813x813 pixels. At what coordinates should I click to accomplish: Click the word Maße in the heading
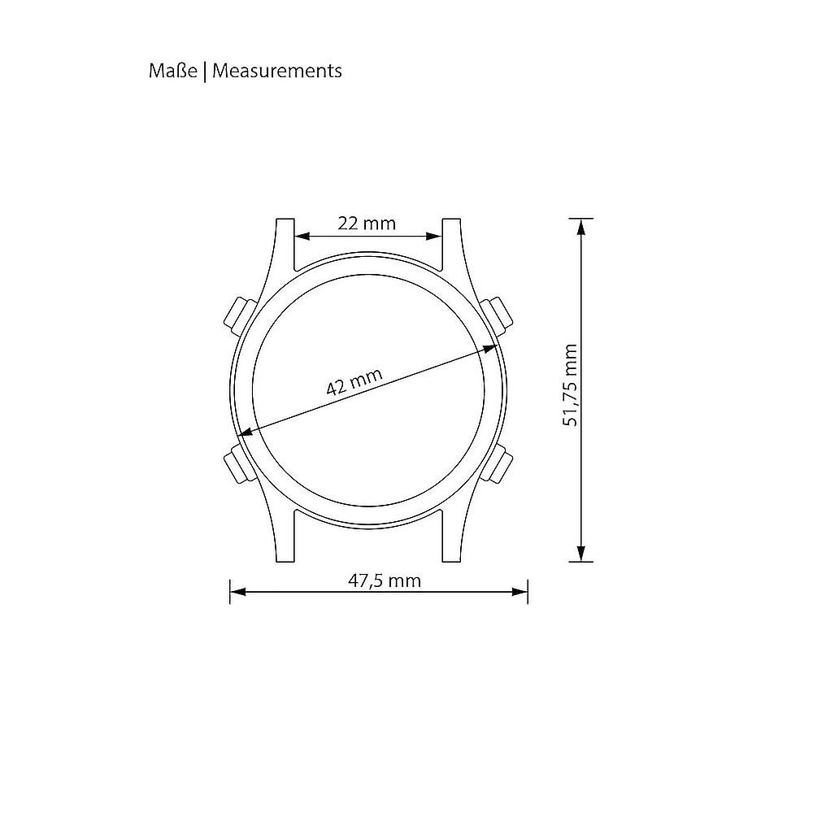[x=172, y=71]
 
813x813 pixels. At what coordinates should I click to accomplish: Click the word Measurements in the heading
[x=277, y=71]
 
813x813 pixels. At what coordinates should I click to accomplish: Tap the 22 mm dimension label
[x=367, y=224]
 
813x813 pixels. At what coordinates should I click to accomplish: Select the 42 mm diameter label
[x=354, y=381]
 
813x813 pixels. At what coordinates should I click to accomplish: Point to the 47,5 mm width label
[x=385, y=580]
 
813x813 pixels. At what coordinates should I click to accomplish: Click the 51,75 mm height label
[x=570, y=385]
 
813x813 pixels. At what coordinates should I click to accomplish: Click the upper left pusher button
[x=238, y=315]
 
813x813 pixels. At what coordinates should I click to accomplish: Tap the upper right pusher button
[x=497, y=315]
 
